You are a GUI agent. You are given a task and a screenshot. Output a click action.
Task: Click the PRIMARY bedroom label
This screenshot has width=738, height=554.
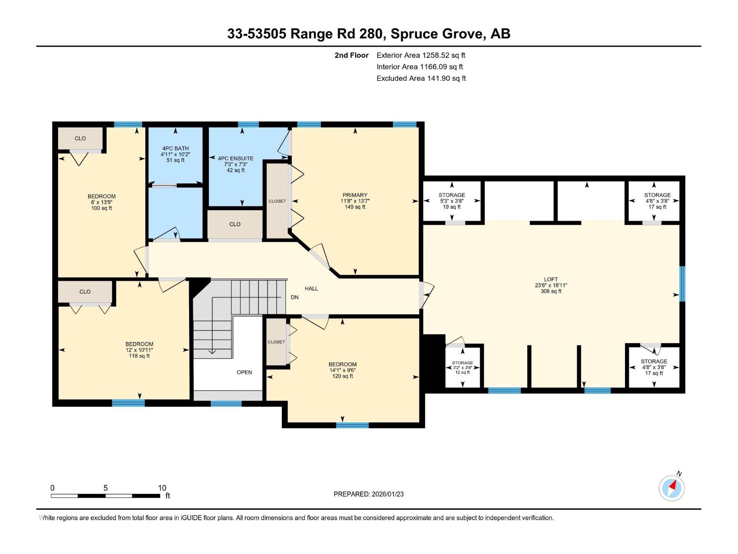click(x=355, y=195)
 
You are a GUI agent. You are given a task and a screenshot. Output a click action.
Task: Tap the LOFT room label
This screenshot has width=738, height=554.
click(x=551, y=279)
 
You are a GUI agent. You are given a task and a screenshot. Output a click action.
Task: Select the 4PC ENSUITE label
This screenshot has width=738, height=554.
click(x=235, y=158)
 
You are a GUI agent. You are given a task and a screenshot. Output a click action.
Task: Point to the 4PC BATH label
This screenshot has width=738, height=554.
click(x=175, y=149)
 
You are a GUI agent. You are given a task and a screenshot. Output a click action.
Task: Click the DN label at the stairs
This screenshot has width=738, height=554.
click(x=295, y=297)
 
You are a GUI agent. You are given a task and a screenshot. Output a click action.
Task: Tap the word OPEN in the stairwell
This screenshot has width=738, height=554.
click(x=244, y=372)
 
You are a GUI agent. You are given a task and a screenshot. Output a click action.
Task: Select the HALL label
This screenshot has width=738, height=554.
click(x=311, y=289)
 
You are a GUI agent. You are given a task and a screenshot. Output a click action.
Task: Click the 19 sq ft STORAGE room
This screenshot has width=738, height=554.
click(x=452, y=201)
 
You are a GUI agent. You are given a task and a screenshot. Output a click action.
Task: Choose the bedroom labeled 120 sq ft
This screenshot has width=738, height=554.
click(x=342, y=370)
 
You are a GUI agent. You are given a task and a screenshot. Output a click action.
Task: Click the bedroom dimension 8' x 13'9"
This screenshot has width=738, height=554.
click(x=101, y=202)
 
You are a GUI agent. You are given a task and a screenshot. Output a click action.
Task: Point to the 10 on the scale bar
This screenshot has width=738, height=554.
click(x=162, y=488)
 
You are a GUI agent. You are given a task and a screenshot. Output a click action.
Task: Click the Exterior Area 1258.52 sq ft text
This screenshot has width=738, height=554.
click(x=421, y=55)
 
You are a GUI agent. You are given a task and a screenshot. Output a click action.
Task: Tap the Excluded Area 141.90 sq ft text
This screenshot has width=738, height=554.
click(x=421, y=78)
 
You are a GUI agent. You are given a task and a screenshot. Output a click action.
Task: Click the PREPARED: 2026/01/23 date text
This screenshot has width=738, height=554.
click(x=369, y=494)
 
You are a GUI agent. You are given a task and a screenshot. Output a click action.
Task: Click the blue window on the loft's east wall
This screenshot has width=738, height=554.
click(x=683, y=283)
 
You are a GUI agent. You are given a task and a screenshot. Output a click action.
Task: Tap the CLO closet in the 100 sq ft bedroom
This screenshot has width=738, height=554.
click(x=80, y=138)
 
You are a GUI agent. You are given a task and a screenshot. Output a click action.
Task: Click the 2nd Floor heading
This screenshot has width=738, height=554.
click(x=351, y=55)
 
